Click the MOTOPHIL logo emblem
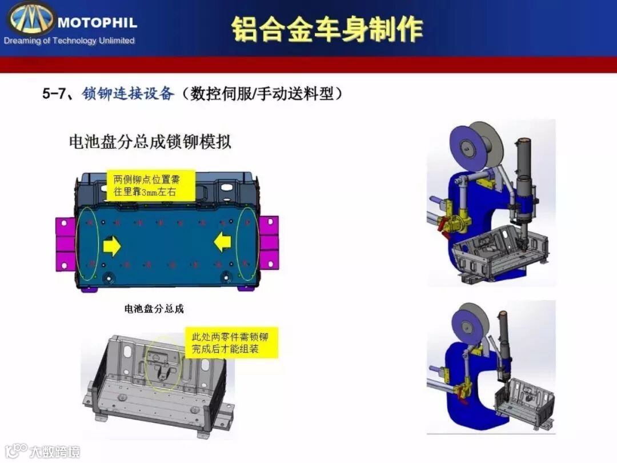click(30, 18)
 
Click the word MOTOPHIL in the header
click(97, 22)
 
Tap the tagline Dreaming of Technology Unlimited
click(69, 41)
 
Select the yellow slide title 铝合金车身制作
click(327, 30)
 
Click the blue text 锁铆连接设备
click(128, 94)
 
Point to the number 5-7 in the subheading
click(54, 94)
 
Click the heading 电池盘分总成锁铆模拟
click(150, 142)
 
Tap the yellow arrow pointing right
click(112, 246)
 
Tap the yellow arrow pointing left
click(222, 242)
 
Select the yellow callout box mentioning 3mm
click(151, 185)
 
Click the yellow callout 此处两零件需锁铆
click(231, 342)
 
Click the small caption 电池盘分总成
click(154, 309)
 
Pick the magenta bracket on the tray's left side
click(65, 244)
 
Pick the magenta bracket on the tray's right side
click(269, 242)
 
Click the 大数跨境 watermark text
click(55, 452)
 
